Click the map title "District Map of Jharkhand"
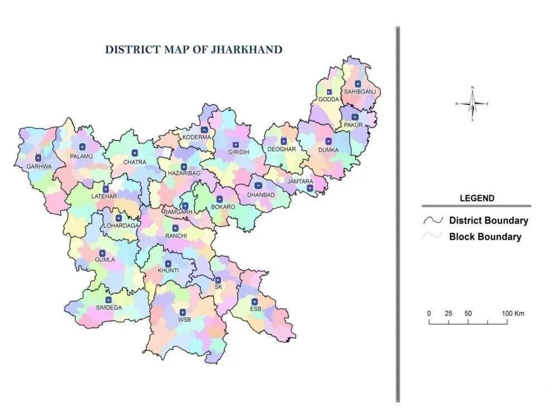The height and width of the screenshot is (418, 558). [x=194, y=50]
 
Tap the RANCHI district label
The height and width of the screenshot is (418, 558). [x=176, y=236]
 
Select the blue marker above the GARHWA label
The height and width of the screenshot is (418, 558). [x=38, y=158]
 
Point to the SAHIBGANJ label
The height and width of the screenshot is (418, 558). [x=360, y=91]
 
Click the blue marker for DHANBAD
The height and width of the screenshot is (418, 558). [x=258, y=186]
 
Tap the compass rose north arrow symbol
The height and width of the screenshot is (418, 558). [x=472, y=104]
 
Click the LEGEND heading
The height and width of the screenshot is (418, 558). [x=477, y=198]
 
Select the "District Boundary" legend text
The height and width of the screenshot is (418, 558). [x=488, y=220]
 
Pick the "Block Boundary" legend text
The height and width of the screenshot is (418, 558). [x=485, y=237]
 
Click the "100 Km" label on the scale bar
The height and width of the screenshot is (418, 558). [x=512, y=314]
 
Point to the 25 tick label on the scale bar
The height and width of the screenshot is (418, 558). [x=448, y=314]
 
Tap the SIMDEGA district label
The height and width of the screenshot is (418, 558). [x=108, y=308]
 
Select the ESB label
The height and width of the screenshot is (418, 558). [x=255, y=309]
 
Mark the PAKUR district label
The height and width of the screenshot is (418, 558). [x=354, y=125]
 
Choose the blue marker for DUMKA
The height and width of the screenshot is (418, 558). [x=328, y=142]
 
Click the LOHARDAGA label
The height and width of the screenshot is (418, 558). [x=121, y=226]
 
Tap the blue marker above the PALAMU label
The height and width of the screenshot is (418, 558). [x=82, y=147]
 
